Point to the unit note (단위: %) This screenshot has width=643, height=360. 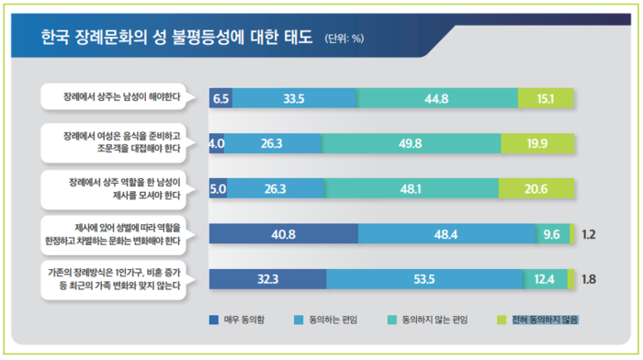tap(344, 39)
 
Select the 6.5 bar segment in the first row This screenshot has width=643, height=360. tap(220, 98)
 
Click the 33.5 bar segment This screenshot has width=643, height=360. tap(294, 98)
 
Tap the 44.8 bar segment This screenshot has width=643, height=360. tap(437, 98)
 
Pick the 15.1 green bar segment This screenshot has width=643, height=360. tap(546, 98)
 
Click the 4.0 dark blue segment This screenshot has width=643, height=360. tap(217, 143)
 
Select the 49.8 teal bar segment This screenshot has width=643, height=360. tap(411, 143)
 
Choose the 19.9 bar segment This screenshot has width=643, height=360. tap(538, 143)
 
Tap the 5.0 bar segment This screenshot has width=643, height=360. tap(219, 188)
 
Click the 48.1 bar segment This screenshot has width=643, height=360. tap(412, 188)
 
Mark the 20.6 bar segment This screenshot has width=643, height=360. tap(537, 188)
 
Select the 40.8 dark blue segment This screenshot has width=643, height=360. tap(284, 234)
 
